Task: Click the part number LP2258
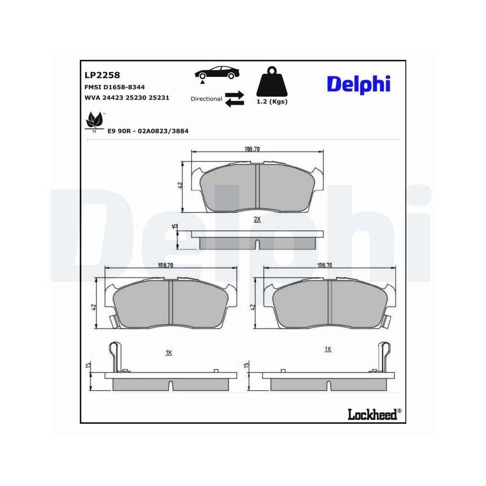coord(102,75)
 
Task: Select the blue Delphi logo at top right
coord(358,84)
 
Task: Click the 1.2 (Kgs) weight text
coord(272,102)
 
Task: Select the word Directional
coord(206,99)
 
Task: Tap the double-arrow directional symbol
coord(234,98)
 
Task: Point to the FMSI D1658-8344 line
coord(115,87)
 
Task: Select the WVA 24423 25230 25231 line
coord(127,97)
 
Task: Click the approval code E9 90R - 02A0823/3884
coord(148,131)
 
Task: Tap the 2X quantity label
coord(258,220)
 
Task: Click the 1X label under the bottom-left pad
coord(169,352)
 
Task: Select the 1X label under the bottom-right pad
coord(328,349)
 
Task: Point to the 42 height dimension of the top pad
coord(180,186)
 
